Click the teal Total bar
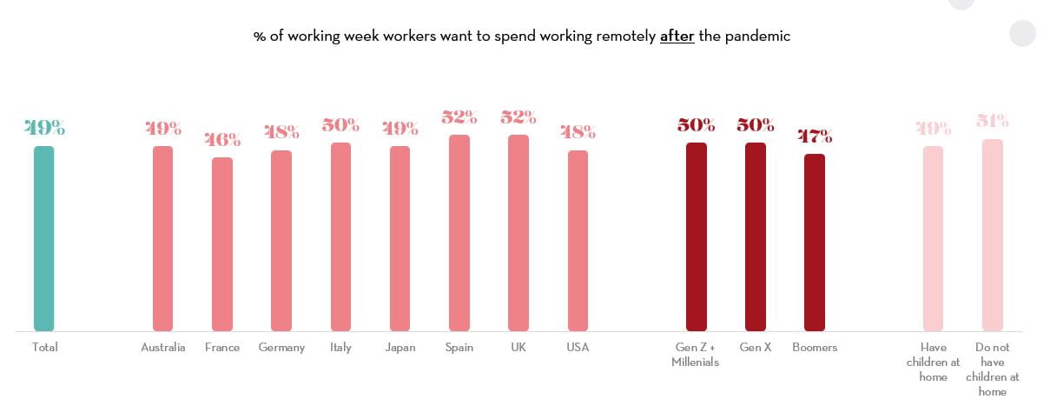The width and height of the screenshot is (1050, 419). (44, 238)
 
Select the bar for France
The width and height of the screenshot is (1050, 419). (222, 244)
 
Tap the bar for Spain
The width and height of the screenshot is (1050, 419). (459, 233)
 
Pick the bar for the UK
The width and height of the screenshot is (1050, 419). (518, 233)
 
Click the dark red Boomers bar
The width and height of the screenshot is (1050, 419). (815, 243)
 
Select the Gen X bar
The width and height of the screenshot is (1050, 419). (756, 236)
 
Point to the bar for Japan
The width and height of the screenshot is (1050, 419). (400, 238)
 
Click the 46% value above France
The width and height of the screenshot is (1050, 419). (222, 139)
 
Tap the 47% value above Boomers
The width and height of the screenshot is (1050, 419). (815, 136)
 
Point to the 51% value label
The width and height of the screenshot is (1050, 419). (992, 121)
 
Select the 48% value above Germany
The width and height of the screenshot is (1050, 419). (281, 132)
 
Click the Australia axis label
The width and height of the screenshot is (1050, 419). (163, 348)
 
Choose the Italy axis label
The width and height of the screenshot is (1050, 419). (340, 348)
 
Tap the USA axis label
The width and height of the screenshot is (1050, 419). (578, 348)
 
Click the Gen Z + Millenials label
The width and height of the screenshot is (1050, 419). (696, 355)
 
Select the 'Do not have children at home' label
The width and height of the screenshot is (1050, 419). (992, 369)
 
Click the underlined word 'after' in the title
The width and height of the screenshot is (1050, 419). (677, 37)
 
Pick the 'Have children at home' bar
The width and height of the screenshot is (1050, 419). (933, 238)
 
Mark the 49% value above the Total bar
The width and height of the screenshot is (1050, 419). (44, 128)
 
